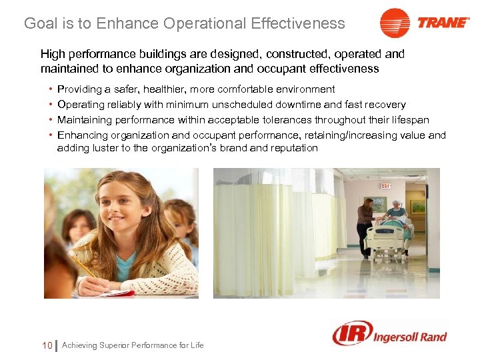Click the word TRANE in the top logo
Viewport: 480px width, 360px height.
point(443,22)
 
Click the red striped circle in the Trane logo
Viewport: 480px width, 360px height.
point(395,23)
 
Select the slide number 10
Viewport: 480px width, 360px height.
point(47,345)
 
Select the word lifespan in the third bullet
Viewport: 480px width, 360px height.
point(407,120)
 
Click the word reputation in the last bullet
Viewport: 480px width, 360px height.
point(290,148)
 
